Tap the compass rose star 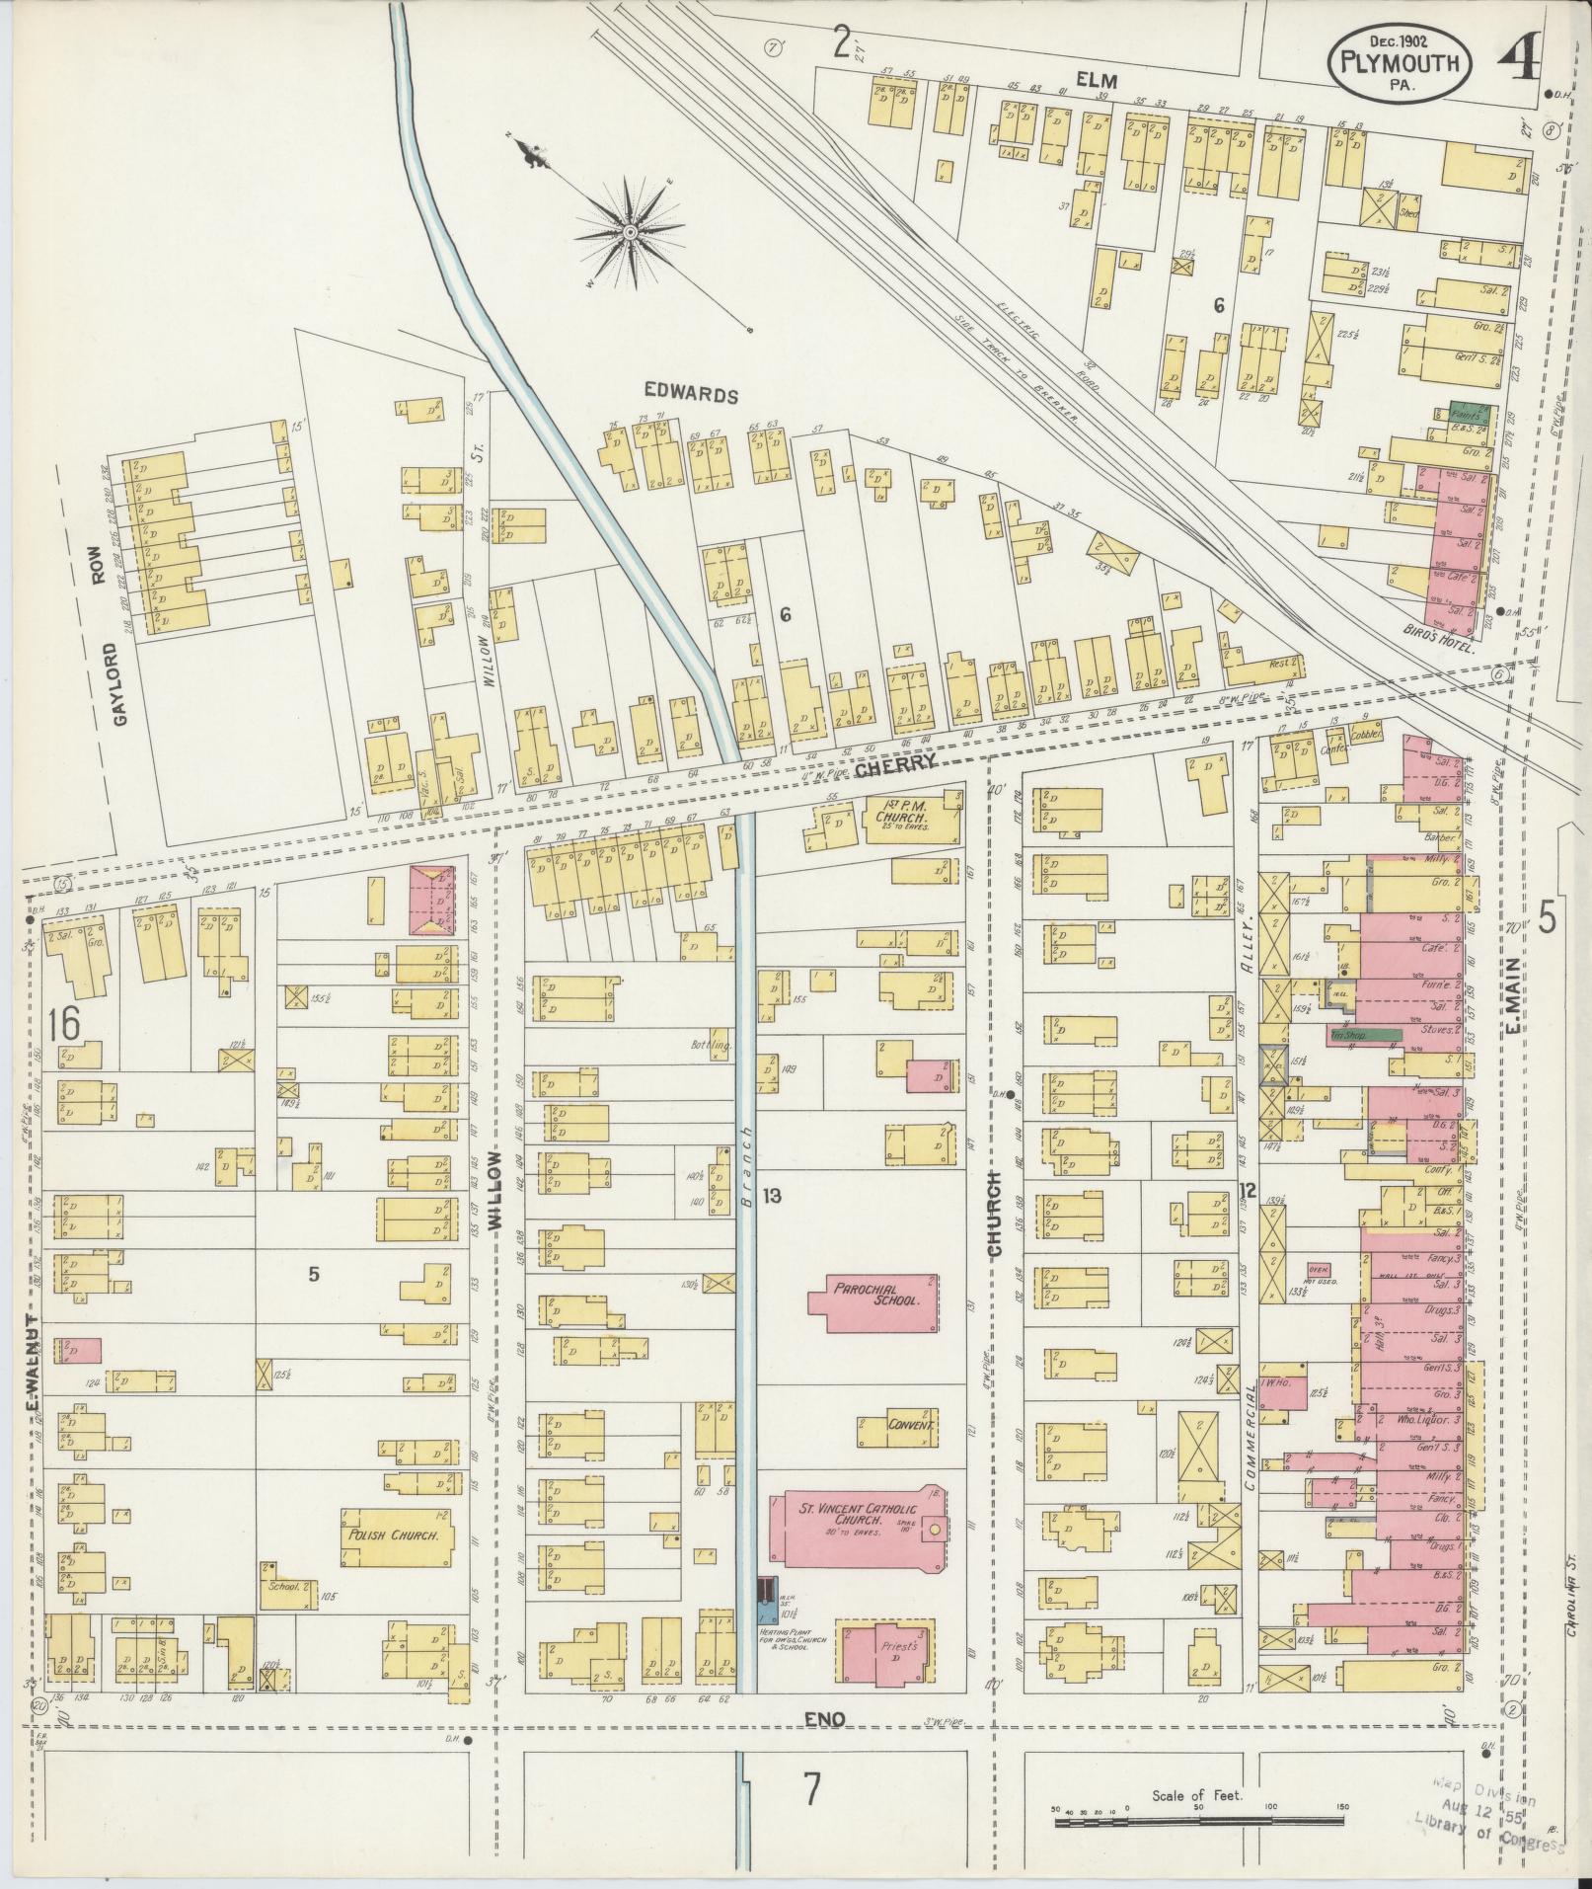(629, 232)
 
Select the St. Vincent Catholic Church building (858, 1543)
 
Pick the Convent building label (910, 1426)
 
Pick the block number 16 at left (62, 1024)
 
